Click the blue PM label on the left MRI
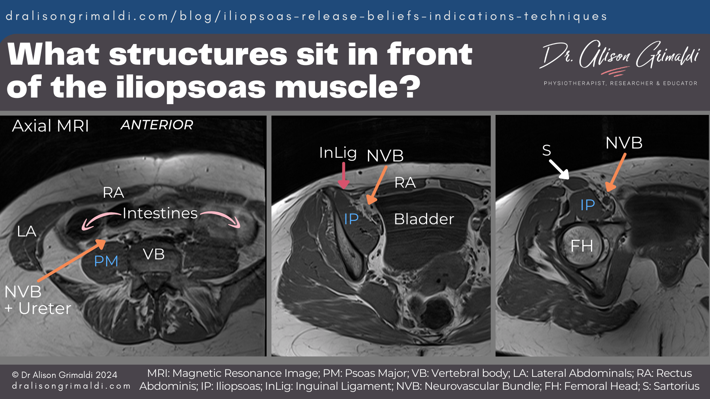click(106, 261)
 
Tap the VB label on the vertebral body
click(153, 254)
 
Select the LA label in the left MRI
click(27, 232)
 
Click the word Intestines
click(160, 213)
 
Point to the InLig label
click(338, 153)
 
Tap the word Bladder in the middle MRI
click(424, 219)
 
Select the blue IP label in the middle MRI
click(351, 219)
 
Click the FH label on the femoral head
click(582, 246)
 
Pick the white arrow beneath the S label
click(559, 169)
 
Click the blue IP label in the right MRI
click(587, 205)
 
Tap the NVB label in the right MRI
click(624, 143)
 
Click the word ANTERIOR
click(157, 125)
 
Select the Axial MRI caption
click(51, 126)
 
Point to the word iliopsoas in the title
click(191, 87)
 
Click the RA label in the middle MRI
click(405, 183)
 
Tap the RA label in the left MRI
click(113, 192)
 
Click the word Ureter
click(45, 308)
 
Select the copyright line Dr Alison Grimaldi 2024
click(65, 375)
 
